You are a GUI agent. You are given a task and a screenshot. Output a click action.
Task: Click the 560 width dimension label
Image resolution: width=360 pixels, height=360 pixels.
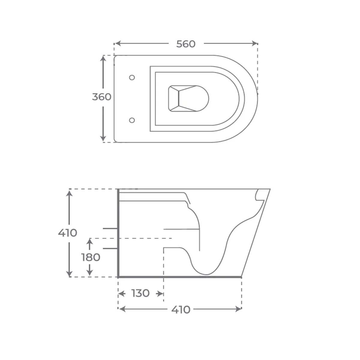point(186,44)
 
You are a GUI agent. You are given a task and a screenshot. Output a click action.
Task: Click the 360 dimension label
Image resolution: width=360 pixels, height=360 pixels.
point(102,97)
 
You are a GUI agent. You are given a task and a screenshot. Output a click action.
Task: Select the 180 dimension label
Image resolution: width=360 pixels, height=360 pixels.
point(91,257)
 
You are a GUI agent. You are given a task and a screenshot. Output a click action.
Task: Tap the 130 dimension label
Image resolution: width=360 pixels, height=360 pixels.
point(140,293)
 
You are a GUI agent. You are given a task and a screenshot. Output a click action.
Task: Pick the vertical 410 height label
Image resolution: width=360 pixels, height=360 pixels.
point(67,233)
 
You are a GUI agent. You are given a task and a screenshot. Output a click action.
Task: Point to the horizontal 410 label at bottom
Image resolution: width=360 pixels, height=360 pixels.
point(181,310)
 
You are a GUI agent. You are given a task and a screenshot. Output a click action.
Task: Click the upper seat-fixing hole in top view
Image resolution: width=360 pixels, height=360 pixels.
point(132,77)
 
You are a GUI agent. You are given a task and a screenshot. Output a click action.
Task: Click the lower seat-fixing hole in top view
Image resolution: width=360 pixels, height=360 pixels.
point(132,120)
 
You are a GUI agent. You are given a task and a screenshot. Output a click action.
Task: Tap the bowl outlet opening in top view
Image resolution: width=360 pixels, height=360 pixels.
point(188,99)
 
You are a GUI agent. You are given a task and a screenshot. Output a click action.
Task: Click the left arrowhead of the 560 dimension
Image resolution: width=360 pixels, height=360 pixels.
point(118,43)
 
